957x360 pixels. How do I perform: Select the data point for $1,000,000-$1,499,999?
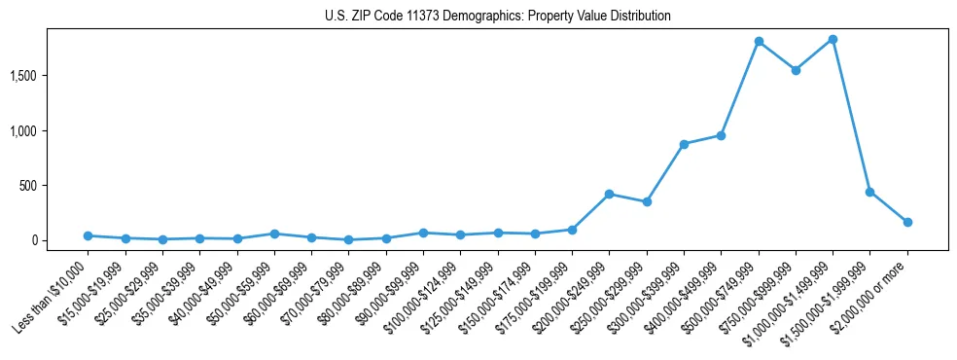point(833,40)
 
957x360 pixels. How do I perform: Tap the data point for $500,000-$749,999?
point(759,42)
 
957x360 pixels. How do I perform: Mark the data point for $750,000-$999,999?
point(796,70)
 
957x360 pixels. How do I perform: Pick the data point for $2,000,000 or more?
point(907,222)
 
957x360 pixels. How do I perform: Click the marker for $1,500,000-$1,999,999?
point(869,192)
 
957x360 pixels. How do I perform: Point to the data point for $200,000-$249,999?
point(609,194)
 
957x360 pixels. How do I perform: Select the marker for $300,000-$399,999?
point(684,144)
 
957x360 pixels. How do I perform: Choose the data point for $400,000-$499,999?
point(721,135)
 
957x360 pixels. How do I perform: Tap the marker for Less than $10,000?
point(88,235)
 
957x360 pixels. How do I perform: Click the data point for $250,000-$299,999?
point(647,201)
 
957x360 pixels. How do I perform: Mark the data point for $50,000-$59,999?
point(274,234)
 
